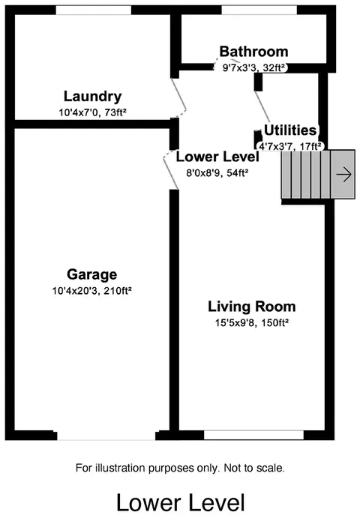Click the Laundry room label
[x=92, y=97]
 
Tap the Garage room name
[x=92, y=274]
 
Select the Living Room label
[x=252, y=307]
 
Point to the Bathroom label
[x=253, y=52]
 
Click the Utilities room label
[x=290, y=130]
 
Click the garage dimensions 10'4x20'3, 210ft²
[x=92, y=291]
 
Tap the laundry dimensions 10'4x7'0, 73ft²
[x=92, y=112]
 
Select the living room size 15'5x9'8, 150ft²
[x=252, y=323]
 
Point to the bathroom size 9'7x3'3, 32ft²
[x=253, y=67]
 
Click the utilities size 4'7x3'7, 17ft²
[x=289, y=146]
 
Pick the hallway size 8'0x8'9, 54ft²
[x=217, y=172]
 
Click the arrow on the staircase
[x=344, y=174]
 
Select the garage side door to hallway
[x=171, y=169]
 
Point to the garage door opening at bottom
[x=106, y=436]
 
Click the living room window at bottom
[x=253, y=435]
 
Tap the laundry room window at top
[x=93, y=10]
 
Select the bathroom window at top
[x=259, y=10]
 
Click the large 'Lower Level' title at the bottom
[x=181, y=503]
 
